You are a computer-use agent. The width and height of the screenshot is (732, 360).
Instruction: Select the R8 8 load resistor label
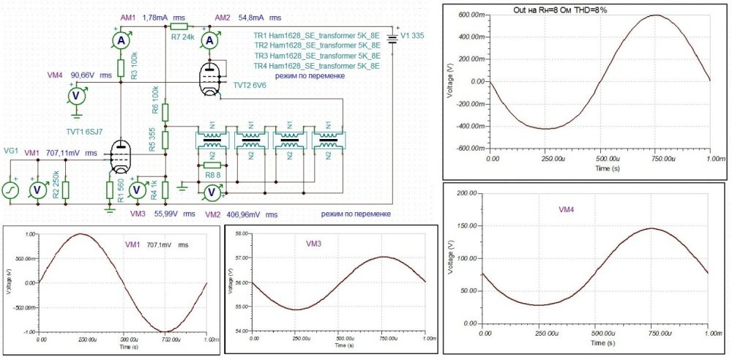[212, 175]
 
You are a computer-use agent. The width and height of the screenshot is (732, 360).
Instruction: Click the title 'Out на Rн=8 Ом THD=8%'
[561, 10]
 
